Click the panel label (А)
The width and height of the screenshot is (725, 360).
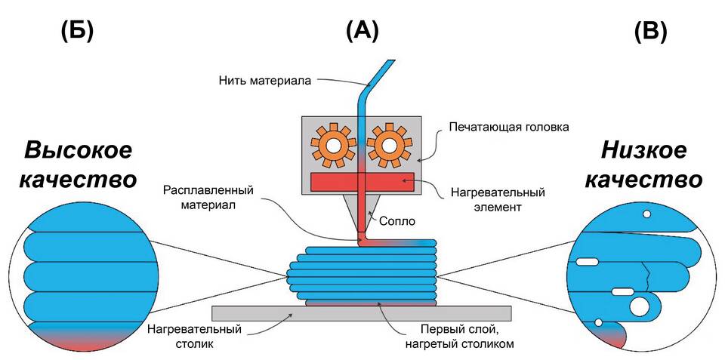(x=362, y=31)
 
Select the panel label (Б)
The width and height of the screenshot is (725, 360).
(x=76, y=31)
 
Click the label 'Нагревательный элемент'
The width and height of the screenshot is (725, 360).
(x=498, y=198)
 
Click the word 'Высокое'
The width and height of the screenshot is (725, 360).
(x=78, y=150)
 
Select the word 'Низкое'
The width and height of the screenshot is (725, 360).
(x=644, y=150)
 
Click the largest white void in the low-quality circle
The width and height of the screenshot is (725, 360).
(x=639, y=306)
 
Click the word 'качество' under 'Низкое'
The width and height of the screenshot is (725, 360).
(x=644, y=181)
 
